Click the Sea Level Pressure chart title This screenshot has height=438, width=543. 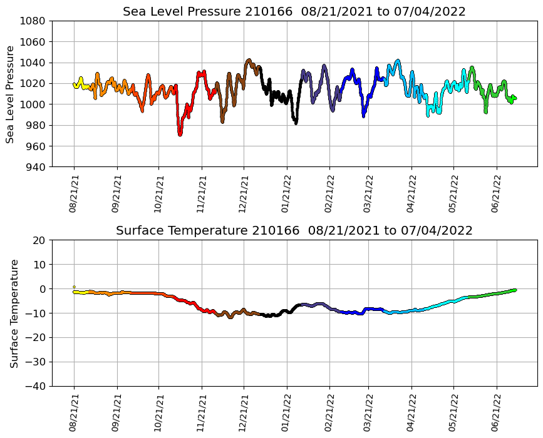[294, 11]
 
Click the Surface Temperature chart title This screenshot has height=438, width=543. [294, 231]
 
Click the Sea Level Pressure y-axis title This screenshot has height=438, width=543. [11, 94]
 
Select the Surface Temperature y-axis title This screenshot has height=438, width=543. [14, 313]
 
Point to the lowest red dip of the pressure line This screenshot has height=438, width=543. [180, 133]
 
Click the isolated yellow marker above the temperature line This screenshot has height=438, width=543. [74, 287]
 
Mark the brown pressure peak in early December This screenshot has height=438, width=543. [249, 61]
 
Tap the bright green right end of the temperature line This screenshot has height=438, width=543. [514, 290]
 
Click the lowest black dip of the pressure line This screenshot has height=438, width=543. [296, 123]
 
